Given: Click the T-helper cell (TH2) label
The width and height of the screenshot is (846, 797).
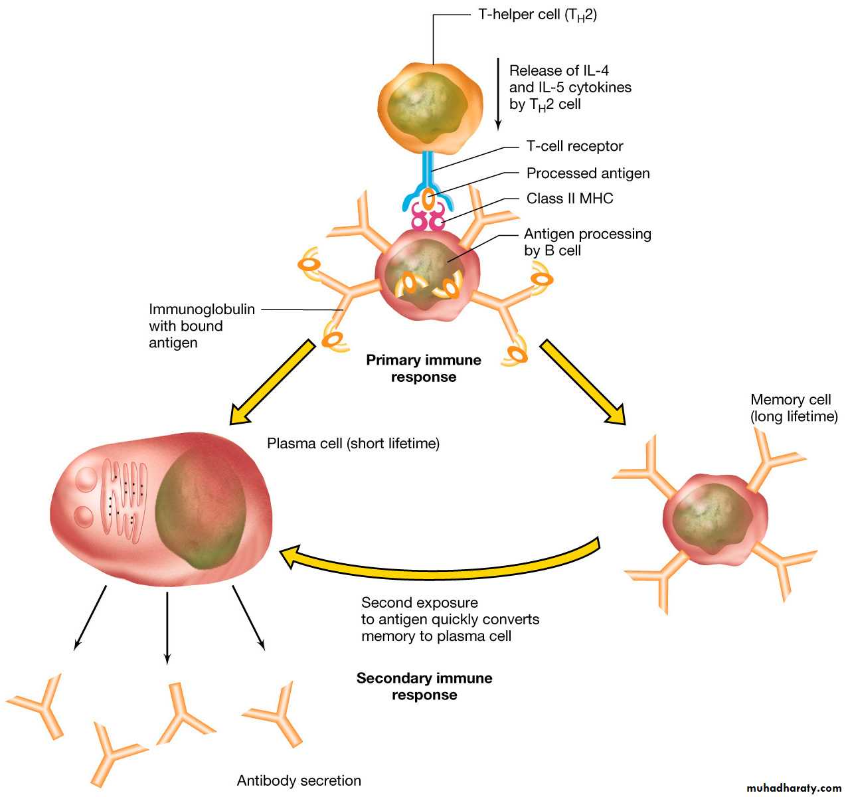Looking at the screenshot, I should tap(537, 15).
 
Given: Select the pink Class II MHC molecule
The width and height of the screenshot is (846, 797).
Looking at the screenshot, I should tap(428, 217).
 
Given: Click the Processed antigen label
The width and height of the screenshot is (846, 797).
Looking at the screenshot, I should tap(588, 173).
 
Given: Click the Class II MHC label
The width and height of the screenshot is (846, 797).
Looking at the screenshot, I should tap(570, 199).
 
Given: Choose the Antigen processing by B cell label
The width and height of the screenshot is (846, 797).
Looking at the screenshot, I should tap(587, 242).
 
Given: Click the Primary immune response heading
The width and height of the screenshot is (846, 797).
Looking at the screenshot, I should tap(424, 369).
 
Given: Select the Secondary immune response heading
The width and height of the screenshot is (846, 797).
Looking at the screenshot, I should tap(424, 686).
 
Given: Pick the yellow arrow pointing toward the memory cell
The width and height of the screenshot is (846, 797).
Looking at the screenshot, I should tap(583, 382).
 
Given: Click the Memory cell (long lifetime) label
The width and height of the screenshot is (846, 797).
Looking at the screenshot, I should tap(794, 408).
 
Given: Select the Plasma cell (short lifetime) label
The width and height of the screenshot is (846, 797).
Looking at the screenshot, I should tap(353, 443).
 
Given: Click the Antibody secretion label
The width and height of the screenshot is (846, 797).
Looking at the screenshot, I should tap(299, 780).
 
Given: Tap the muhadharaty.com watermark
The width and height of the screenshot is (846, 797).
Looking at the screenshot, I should tap(794, 788).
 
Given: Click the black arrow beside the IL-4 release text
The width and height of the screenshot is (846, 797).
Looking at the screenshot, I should tap(498, 93).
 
